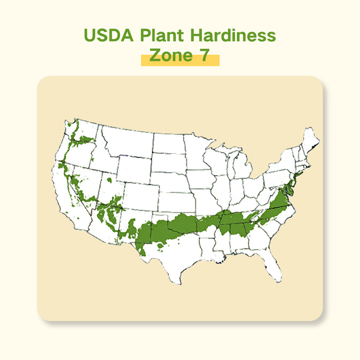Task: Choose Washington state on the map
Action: [86, 134]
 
